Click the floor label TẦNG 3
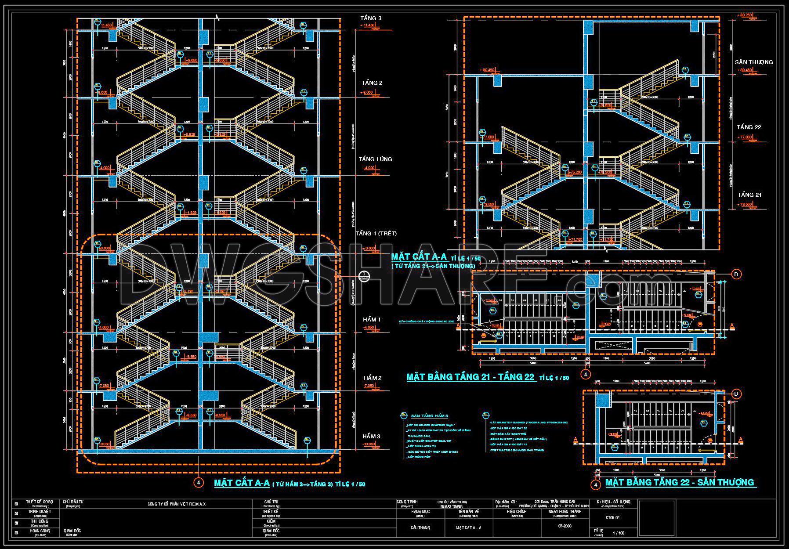[371, 18]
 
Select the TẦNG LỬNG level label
[375, 159]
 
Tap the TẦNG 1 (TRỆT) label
[373, 233]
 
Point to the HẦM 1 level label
[372, 319]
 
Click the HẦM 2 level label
[372, 378]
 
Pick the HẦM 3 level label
[372, 436]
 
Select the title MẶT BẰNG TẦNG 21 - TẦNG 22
[471, 377]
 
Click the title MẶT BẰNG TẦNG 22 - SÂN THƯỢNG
[680, 482]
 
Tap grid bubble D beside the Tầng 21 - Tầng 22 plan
[736, 274]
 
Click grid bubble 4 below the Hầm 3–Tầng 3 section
[199, 483]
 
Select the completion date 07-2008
[565, 525]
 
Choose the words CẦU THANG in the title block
[420, 527]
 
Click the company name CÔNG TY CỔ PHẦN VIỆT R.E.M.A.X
[177, 504]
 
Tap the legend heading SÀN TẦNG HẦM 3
[429, 416]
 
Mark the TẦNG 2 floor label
[372, 83]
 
